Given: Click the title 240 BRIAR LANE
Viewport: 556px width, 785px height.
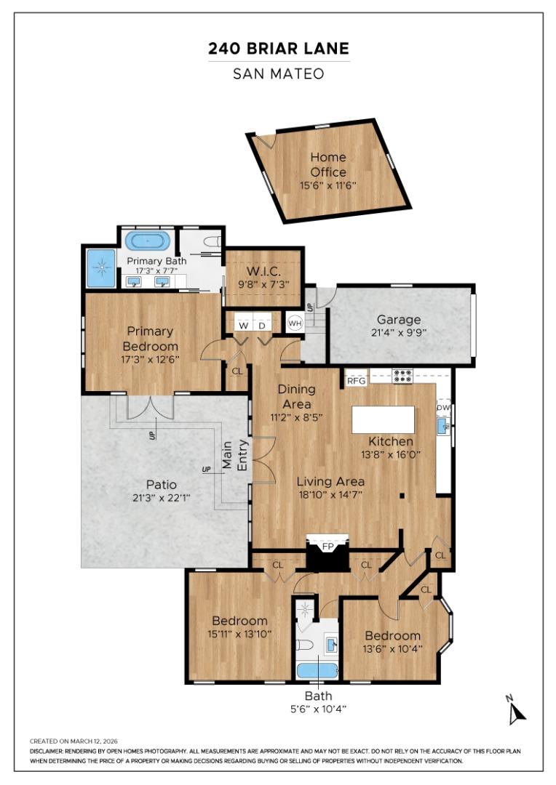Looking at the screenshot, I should click(278, 49).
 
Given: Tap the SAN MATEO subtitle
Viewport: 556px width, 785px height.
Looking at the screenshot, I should click(278, 73).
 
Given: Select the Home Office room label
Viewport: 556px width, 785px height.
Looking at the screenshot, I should click(328, 164).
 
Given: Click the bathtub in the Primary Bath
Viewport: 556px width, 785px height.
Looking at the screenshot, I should click(148, 241).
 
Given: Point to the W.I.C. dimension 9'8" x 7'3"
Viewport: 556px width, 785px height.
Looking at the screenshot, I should click(263, 286).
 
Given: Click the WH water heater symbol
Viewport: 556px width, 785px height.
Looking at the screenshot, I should click(295, 323).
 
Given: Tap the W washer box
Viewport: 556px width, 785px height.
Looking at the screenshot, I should click(242, 325).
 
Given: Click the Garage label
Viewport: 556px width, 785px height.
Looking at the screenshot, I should click(398, 319).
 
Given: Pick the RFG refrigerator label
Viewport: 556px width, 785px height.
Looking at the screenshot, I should click(356, 380).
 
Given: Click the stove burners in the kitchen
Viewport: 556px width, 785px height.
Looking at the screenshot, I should click(402, 376).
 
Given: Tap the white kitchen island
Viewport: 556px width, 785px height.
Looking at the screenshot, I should click(384, 419).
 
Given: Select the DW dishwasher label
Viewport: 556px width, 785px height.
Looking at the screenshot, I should click(443, 408).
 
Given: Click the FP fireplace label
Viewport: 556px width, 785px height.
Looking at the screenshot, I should click(327, 545).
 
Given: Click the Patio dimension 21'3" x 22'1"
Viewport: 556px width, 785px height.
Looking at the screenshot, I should click(161, 497).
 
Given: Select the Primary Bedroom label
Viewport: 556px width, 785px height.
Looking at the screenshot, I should click(150, 338).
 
